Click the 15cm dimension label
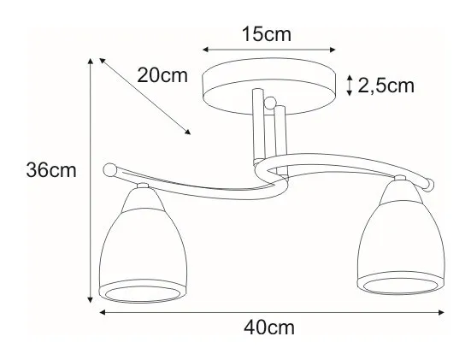pyautogui.click(x=267, y=34)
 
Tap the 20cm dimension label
pyautogui.click(x=162, y=75)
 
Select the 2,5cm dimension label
pyautogui.click(x=386, y=86)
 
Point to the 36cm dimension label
pyautogui.click(x=51, y=170)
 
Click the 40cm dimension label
pyautogui.click(x=269, y=328)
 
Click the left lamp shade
pyautogui.click(x=143, y=245)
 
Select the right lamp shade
pyautogui.click(x=401, y=238)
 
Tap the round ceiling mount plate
pyautogui.click(x=269, y=86)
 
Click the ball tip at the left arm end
pyautogui.click(x=109, y=170)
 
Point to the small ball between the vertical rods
pyautogui.click(x=270, y=102)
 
